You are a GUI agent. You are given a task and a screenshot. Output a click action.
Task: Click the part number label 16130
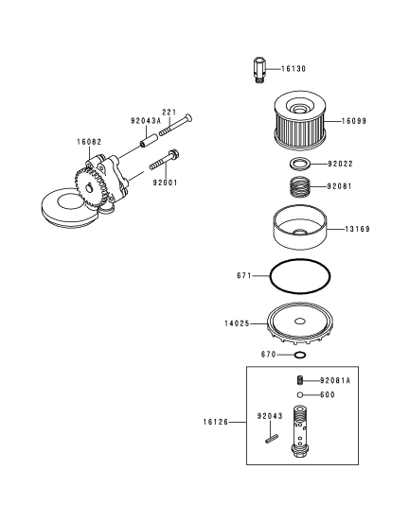(293, 69)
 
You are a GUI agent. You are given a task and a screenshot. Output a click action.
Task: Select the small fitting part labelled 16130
(260, 70)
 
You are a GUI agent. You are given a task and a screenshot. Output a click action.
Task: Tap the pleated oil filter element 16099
(300, 122)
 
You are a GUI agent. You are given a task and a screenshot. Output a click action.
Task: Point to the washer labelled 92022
(300, 164)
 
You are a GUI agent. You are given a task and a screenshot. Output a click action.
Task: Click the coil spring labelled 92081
(300, 186)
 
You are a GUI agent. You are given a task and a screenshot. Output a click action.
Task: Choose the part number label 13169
(357, 229)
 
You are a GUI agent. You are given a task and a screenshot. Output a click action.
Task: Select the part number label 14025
(237, 323)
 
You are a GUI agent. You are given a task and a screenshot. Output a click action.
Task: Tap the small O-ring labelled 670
(300, 355)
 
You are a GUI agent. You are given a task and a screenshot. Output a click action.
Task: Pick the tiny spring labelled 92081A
(300, 380)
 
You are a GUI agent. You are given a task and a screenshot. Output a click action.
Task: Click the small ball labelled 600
(300, 395)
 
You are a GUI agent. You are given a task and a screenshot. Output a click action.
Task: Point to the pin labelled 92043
(272, 440)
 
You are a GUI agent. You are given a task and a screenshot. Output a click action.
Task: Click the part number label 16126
(216, 422)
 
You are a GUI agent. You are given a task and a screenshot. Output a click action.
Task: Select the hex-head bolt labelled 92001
(165, 160)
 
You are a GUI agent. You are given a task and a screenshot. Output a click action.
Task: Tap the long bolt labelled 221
(176, 125)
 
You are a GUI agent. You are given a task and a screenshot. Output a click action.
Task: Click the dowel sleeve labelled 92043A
(149, 141)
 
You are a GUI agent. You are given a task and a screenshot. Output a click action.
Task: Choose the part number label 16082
(89, 142)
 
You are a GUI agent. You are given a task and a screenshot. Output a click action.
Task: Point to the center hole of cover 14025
(300, 322)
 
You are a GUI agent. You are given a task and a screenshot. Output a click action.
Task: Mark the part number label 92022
(340, 164)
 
